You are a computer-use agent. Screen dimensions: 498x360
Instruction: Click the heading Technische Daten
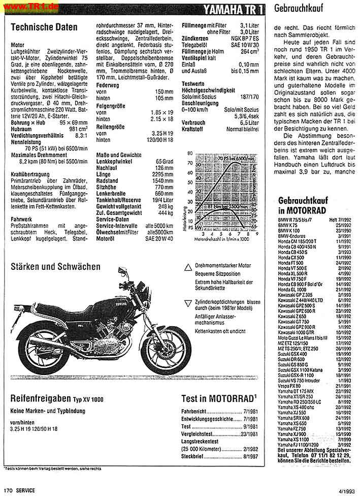[x=44, y=27]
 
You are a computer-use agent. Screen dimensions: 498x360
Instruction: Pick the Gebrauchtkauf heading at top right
[x=296, y=8]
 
